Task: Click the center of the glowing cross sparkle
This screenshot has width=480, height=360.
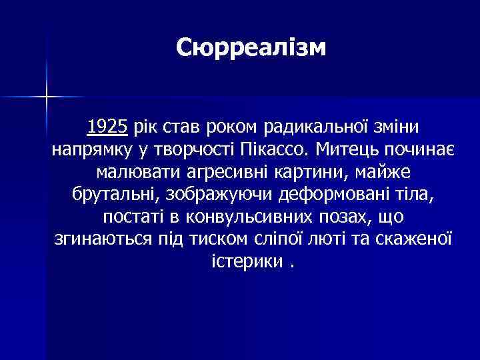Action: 47,97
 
